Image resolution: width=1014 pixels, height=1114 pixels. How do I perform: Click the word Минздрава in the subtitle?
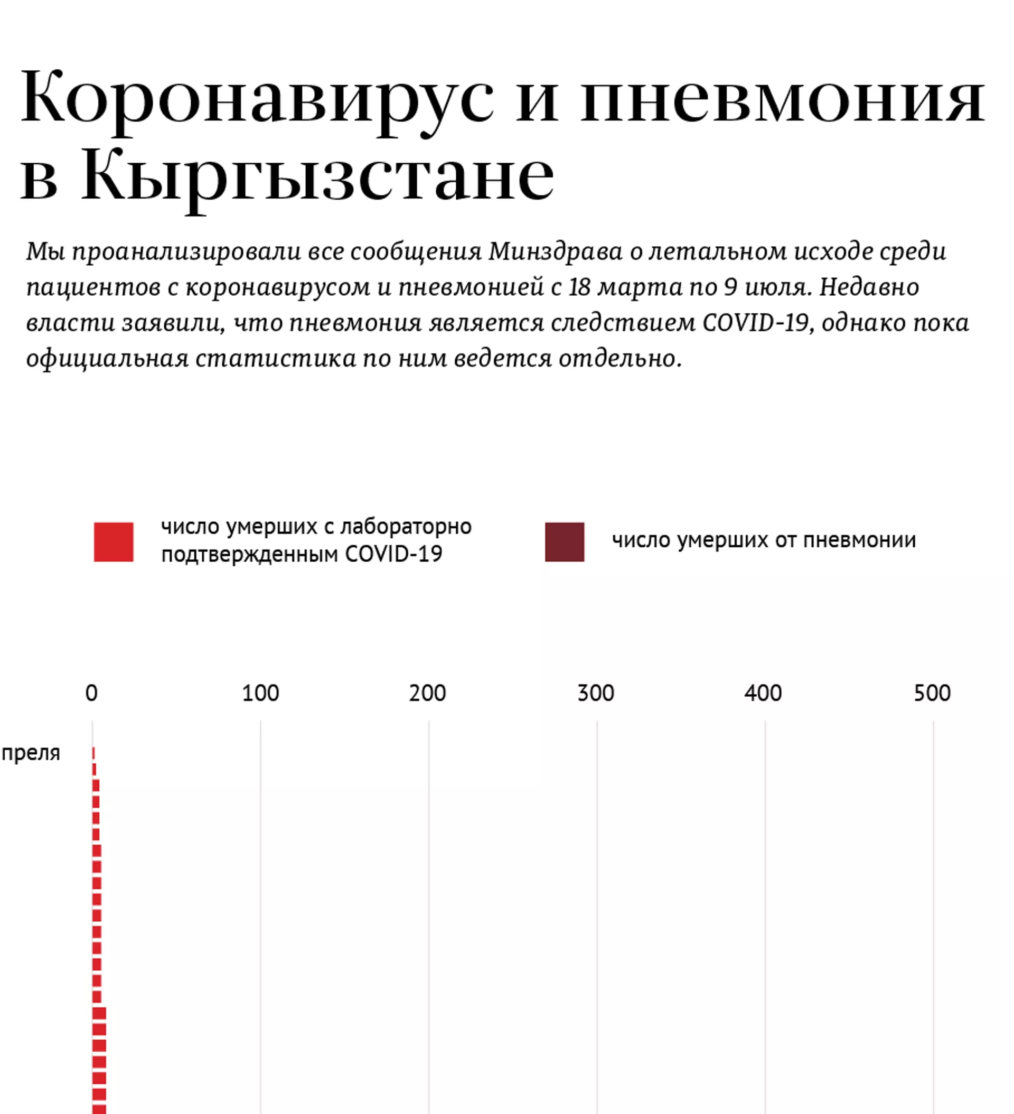[x=556, y=251]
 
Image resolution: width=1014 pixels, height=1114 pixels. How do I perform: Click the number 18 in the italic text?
[x=580, y=287]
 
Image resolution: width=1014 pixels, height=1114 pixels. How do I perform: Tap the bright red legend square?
[x=113, y=541]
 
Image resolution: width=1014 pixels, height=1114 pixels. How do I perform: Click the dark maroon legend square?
[x=564, y=541]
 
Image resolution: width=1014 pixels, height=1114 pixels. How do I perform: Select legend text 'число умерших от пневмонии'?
[x=764, y=540]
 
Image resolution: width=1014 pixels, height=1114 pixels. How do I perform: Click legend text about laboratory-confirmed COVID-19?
[x=316, y=540]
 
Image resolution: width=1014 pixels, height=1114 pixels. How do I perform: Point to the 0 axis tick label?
[x=92, y=693]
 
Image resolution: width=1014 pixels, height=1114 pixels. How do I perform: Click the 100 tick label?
[x=260, y=693]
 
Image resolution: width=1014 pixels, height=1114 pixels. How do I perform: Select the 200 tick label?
[x=428, y=693]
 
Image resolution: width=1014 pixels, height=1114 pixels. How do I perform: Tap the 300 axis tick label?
[x=596, y=693]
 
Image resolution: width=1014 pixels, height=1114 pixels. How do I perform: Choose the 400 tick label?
[x=763, y=693]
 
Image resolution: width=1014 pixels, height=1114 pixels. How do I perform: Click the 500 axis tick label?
[x=932, y=693]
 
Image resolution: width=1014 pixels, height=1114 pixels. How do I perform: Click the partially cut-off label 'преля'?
[x=31, y=753]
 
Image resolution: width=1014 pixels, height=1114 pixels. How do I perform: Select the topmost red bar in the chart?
[x=93, y=753]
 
